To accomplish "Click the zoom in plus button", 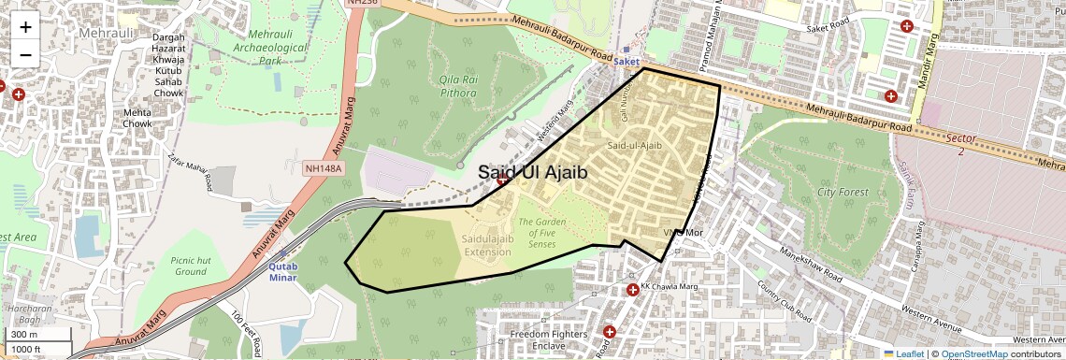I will [x=25, y=27].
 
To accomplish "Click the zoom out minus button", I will [x=25, y=54].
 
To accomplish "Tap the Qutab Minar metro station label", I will [x=282, y=270].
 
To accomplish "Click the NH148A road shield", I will [x=324, y=168].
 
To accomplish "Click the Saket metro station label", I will [x=627, y=62].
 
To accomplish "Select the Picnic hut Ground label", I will [x=190, y=265].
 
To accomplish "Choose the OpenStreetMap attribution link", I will [x=974, y=353].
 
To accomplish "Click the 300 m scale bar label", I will [x=24, y=335].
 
